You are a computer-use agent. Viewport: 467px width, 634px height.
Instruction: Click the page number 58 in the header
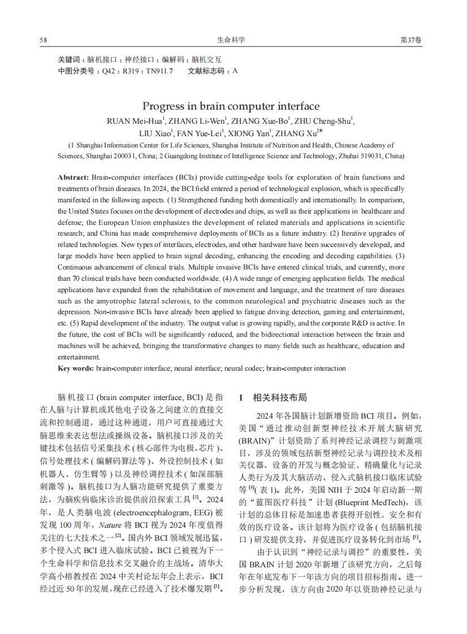(43, 40)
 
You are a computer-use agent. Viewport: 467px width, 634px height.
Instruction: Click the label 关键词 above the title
(70, 59)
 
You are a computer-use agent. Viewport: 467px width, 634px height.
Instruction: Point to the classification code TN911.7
(159, 71)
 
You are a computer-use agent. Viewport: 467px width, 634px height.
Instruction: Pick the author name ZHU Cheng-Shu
(325, 121)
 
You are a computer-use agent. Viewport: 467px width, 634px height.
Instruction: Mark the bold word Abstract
(72, 177)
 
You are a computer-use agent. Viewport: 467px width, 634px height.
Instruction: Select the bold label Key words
(76, 368)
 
